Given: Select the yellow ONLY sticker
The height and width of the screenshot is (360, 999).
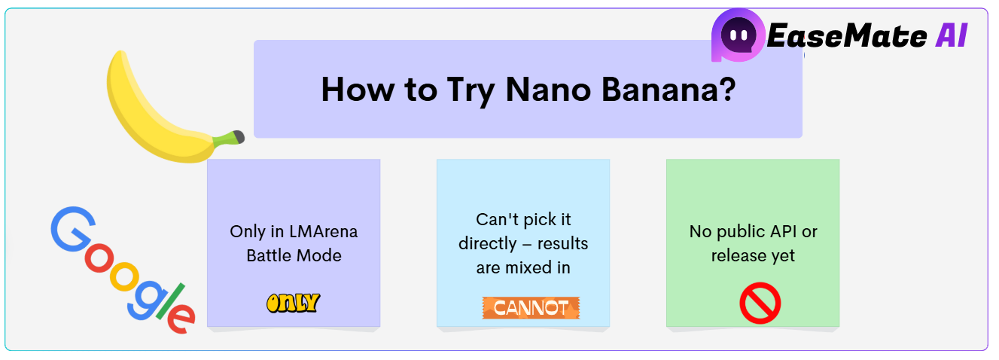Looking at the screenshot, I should tap(293, 304).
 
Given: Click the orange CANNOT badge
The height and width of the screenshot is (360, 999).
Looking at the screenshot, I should tap(531, 307).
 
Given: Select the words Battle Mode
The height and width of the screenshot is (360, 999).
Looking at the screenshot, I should tap(294, 255).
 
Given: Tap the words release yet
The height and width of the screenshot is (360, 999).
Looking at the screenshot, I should tap(753, 255).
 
